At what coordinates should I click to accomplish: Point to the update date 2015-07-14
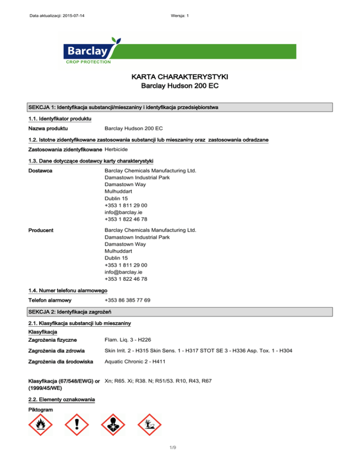76,17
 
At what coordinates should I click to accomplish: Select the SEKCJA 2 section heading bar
180,312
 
